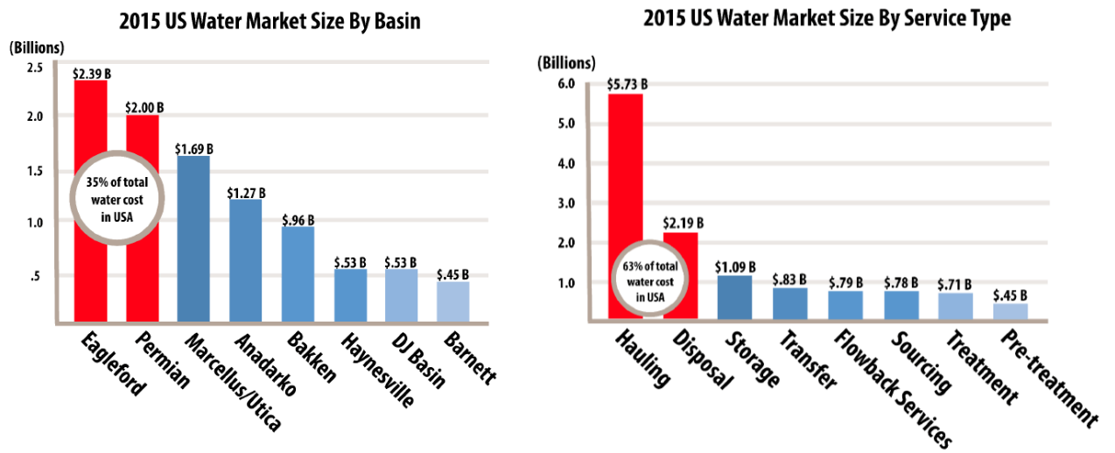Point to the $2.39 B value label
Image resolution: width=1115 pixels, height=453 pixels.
(89, 73)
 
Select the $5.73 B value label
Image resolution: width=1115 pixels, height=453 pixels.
(627, 85)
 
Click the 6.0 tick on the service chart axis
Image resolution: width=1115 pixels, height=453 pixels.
(564, 84)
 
